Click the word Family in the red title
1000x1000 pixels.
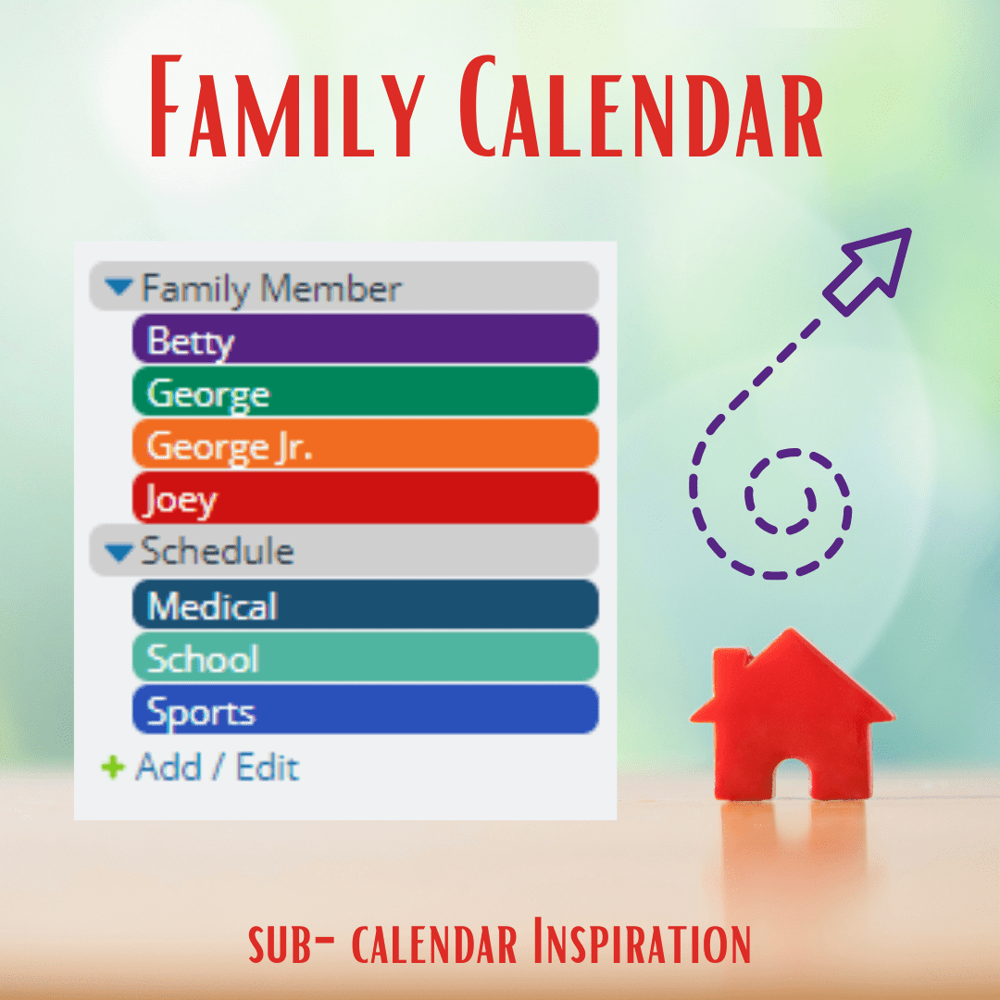[x=288, y=106]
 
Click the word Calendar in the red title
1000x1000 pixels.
[x=641, y=106]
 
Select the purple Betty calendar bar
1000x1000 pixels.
[x=366, y=339]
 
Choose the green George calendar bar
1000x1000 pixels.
[x=366, y=392]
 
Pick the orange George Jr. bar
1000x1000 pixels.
[x=366, y=444]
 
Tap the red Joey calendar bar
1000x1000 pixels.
[x=366, y=497]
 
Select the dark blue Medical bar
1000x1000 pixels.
[x=366, y=604]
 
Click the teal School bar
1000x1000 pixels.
[x=366, y=656]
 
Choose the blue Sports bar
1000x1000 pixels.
[x=366, y=710]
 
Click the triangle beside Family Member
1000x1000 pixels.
[x=119, y=286]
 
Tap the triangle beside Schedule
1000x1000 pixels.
[x=119, y=552]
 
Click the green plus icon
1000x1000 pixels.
[x=113, y=768]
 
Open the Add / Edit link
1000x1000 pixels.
[x=218, y=768]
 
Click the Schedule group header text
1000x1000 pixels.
[x=218, y=551]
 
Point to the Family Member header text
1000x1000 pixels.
[x=271, y=289]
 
